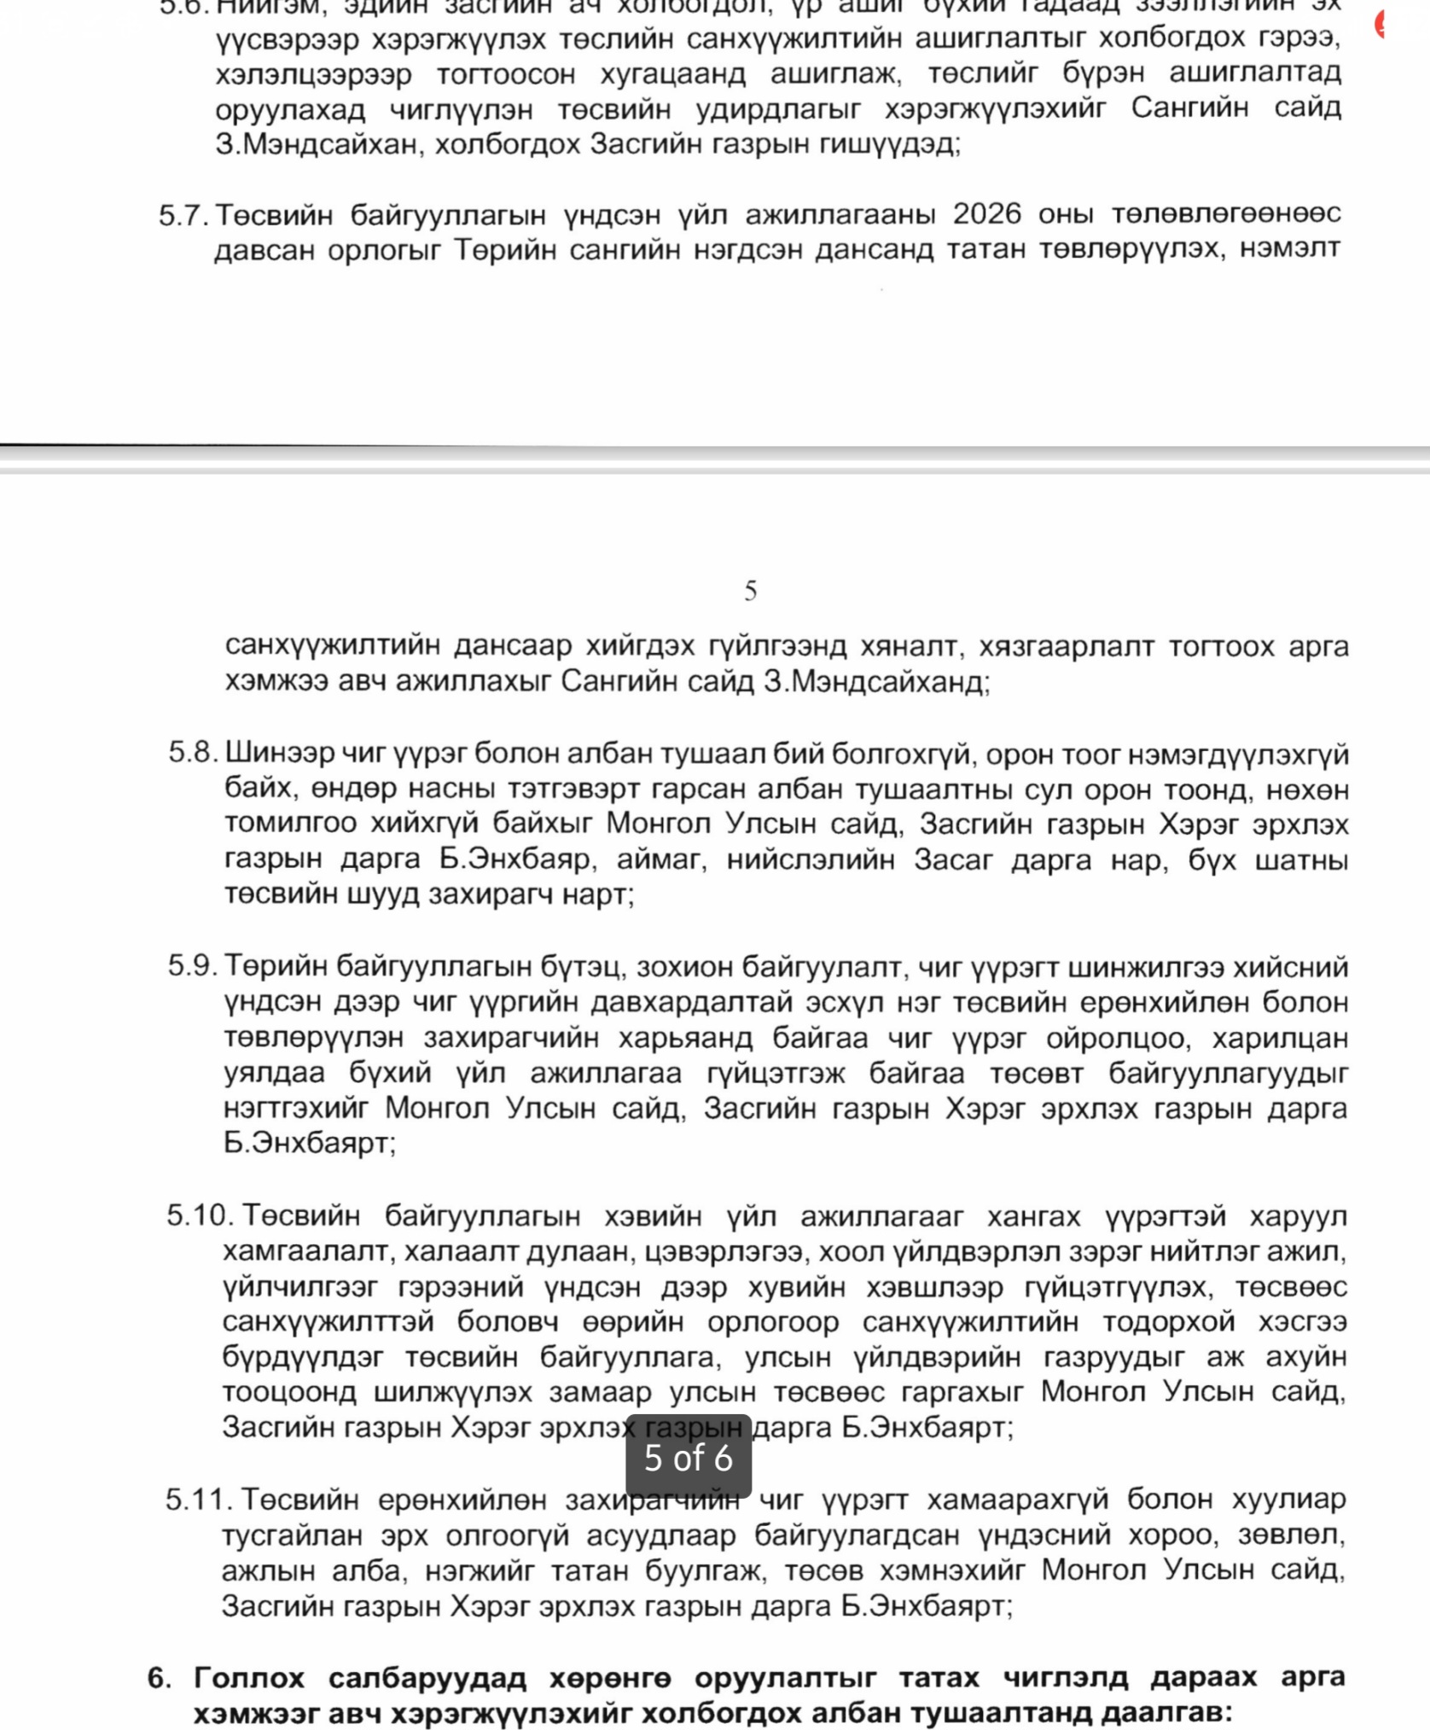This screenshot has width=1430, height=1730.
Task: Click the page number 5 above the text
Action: click(x=750, y=591)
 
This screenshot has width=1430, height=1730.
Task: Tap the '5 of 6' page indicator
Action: click(x=689, y=1458)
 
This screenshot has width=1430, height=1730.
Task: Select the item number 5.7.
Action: click(x=183, y=215)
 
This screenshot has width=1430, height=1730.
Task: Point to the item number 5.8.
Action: click(x=194, y=753)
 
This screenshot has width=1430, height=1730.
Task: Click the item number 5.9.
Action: click(x=193, y=966)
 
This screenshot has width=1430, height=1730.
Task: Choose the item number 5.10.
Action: click(x=201, y=1215)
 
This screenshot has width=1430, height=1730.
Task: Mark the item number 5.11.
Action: click(x=200, y=1500)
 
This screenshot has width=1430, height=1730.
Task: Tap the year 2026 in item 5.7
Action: click(x=986, y=213)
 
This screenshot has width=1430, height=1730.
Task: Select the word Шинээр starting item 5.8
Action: click(x=279, y=754)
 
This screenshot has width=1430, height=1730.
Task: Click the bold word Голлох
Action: click(x=249, y=1678)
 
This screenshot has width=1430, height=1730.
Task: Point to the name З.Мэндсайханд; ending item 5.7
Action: click(x=876, y=682)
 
